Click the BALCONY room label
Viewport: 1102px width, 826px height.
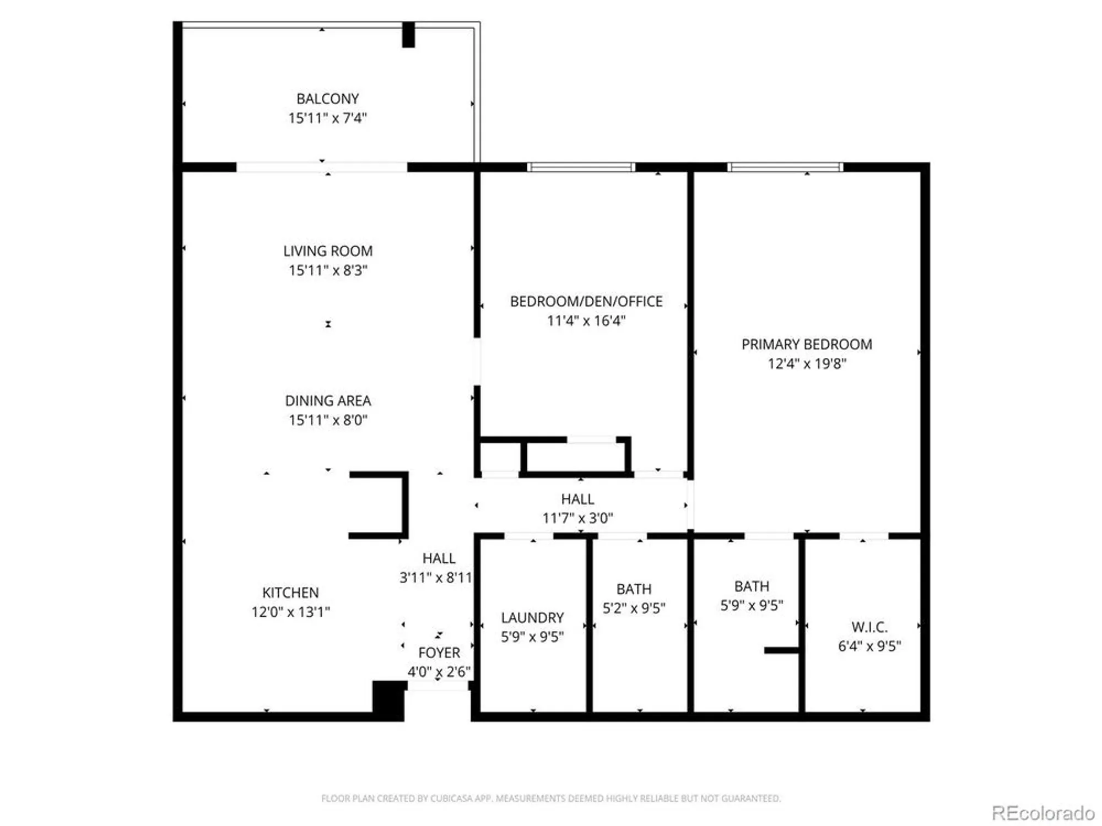[327, 99]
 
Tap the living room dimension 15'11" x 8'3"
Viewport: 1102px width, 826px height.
[327, 270]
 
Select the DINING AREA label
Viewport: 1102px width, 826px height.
[327, 401]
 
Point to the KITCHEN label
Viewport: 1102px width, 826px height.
[290, 593]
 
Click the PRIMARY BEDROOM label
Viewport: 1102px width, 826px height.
[807, 344]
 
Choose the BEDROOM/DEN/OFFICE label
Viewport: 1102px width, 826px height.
[586, 301]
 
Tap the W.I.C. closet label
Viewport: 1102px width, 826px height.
[869, 627]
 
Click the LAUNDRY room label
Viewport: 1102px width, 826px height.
[532, 617]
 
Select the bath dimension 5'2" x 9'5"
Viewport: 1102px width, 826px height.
[634, 608]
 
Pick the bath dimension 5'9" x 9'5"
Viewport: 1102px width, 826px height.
[752, 605]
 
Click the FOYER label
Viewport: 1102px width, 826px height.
[439, 653]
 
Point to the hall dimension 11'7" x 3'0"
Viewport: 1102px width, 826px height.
[577, 518]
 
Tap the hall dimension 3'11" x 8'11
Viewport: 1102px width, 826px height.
[436, 577]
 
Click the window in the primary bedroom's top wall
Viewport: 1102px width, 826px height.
[785, 167]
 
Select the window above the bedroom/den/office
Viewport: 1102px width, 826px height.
[581, 167]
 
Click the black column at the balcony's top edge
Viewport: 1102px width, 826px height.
[408, 35]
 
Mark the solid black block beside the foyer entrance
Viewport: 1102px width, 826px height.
[389, 700]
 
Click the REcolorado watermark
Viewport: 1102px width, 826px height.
[1042, 813]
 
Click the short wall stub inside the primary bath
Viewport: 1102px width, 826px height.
[781, 650]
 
